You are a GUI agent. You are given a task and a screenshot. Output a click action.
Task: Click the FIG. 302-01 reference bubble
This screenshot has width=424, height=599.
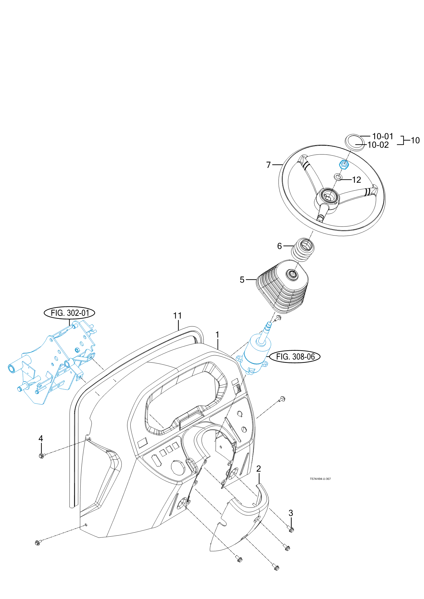69,313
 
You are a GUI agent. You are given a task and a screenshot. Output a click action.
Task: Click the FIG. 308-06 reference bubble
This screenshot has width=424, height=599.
295,357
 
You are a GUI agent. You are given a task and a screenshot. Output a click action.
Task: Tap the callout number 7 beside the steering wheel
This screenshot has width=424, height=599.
269,165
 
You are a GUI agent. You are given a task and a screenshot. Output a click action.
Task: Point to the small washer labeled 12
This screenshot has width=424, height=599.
338,177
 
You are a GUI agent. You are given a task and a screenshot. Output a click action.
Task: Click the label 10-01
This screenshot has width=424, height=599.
382,136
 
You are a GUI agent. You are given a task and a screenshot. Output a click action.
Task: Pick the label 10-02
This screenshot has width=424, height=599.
378,145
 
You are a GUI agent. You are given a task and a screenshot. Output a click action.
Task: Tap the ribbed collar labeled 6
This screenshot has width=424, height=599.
303,249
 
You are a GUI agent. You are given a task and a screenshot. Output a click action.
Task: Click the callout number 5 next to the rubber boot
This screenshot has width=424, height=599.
242,280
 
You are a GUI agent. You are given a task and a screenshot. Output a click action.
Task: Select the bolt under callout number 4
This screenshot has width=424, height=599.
42,456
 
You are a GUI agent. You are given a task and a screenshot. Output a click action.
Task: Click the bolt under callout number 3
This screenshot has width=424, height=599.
291,530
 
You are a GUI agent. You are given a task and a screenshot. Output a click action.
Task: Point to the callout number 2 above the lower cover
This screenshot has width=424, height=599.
258,469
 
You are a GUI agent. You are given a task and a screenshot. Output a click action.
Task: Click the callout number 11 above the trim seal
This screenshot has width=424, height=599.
177,316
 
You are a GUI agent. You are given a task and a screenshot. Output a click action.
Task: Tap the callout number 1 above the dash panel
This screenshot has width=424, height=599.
217,335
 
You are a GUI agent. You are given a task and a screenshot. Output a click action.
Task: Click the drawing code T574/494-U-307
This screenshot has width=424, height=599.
320,479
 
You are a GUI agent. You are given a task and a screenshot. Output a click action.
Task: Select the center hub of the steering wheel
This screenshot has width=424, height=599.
328,196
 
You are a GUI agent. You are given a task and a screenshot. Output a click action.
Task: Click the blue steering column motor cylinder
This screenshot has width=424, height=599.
256,354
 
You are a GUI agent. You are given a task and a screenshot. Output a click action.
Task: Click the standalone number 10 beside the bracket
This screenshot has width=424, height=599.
415,140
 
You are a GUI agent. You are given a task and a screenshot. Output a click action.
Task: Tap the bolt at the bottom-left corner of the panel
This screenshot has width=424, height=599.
38,543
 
